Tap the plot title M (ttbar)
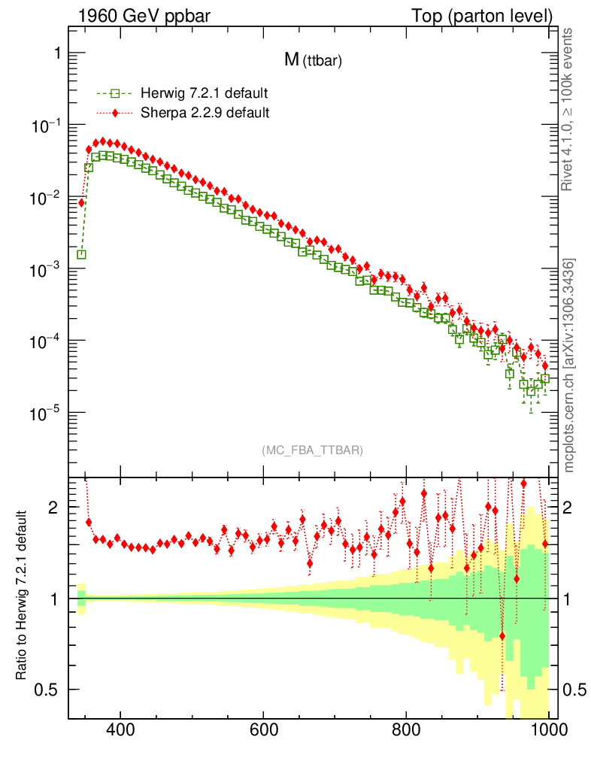click(313, 62)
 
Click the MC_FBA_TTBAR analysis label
click(313, 450)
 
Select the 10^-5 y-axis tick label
click(45, 414)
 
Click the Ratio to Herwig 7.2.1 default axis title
click(23, 596)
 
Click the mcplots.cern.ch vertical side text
click(569, 365)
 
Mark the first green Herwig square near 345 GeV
click(81, 254)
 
